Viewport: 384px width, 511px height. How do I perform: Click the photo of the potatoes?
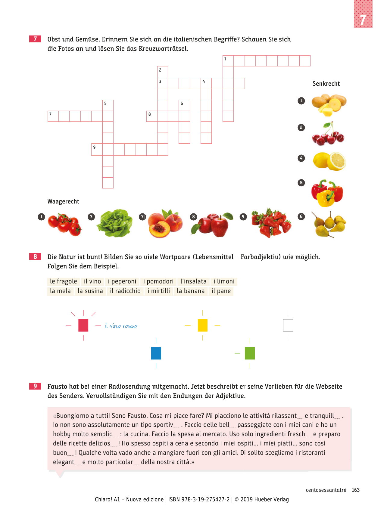tap(328, 104)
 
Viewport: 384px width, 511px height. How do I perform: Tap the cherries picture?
tap(328, 134)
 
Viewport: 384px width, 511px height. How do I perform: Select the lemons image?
tap(329, 161)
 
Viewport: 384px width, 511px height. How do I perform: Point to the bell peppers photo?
tap(327, 193)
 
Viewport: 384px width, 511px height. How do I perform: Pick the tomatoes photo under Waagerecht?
tap(64, 224)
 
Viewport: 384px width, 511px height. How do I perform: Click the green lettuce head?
tap(114, 223)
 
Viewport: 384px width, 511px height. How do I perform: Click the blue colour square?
tap(156, 353)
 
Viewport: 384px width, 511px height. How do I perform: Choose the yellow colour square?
tap(202, 325)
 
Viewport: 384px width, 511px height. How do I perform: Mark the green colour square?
tap(250, 353)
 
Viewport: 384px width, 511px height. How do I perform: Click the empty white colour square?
tap(288, 325)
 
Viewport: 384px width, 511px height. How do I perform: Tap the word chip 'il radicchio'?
tap(125, 291)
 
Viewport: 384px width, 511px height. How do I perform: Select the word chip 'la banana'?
tap(191, 291)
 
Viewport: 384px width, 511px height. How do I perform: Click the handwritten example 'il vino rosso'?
tap(121, 326)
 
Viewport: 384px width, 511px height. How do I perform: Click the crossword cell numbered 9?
tap(97, 149)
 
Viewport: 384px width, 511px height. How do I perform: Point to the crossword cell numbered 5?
tap(108, 105)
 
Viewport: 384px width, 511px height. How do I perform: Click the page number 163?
tap(356, 490)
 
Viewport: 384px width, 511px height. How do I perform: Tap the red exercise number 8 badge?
tap(35, 256)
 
